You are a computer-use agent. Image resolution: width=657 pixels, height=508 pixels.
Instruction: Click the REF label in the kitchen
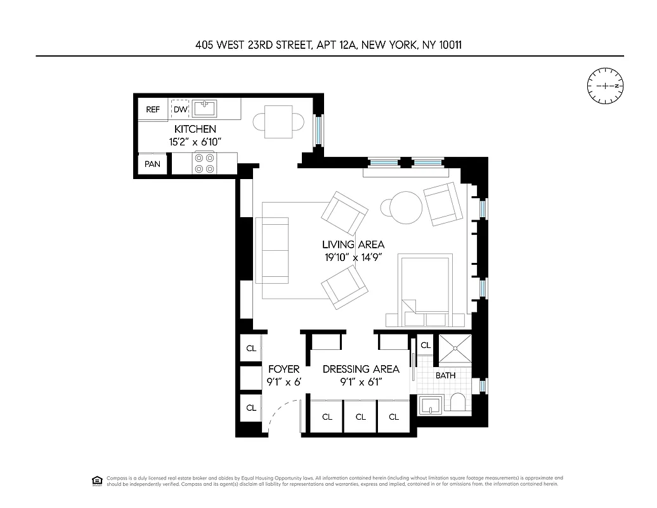pos(153,109)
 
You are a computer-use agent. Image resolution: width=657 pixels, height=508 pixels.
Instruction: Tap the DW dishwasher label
pos(181,109)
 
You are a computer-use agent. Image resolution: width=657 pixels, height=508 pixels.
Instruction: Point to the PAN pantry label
pos(152,164)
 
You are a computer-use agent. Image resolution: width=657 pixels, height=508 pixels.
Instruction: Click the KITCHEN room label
pos(187,129)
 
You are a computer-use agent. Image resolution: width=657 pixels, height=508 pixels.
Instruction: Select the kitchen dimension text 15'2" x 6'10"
pos(187,141)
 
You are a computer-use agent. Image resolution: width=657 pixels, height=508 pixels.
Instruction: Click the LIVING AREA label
pos(353,244)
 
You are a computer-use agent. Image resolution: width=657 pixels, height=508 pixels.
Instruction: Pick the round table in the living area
pos(405,207)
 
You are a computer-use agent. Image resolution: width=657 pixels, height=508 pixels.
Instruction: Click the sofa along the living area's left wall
pos(273,250)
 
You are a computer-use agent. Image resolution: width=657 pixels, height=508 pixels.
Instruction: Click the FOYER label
pos(283,369)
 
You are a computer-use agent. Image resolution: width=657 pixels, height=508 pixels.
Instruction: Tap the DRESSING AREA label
pos(361,369)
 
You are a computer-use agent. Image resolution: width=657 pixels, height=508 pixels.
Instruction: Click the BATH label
pos(446,375)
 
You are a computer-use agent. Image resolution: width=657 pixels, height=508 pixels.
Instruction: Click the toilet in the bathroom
pos(456,403)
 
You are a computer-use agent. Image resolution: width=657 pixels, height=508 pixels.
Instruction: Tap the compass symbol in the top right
pos(606,86)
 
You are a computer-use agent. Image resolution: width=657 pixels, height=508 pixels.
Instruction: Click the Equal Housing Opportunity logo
pos(97,480)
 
